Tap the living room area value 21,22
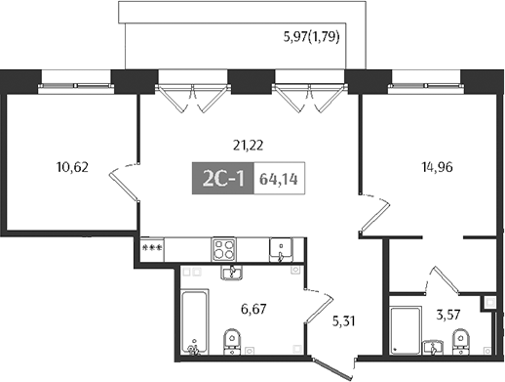(x=251, y=145)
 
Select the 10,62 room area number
(x=73, y=166)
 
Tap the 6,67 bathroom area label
(x=255, y=310)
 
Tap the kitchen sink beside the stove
(x=280, y=249)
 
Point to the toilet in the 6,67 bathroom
(x=232, y=343)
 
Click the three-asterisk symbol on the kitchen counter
(x=151, y=249)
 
